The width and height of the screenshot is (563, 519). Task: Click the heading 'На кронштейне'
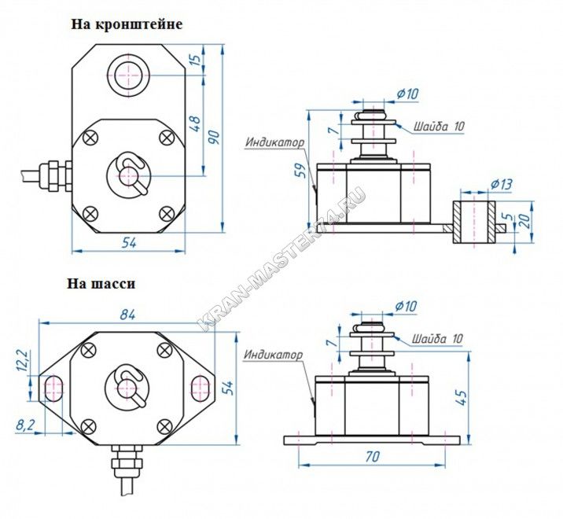coord(127,24)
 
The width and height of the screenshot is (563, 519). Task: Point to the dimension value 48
coord(197,124)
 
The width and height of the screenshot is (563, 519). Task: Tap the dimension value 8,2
coord(25,425)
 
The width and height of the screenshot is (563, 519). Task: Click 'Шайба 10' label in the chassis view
coord(435,338)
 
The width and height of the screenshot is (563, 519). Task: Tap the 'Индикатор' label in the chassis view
coord(273,355)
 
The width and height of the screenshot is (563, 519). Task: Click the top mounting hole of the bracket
coord(128,75)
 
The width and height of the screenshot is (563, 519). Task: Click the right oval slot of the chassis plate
coord(199,387)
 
